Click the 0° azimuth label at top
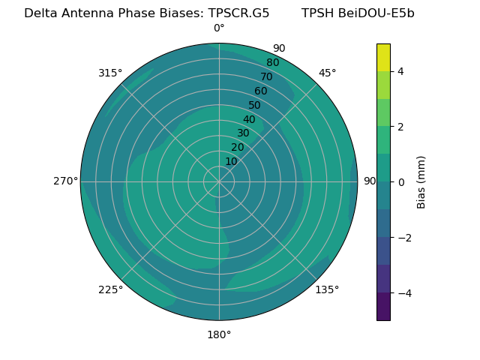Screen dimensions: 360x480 pyautogui.click(x=219, y=28)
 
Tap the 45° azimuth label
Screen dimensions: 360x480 pyautogui.click(x=327, y=73)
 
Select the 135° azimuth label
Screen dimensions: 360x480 pyautogui.click(x=327, y=289)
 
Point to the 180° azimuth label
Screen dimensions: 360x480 pyautogui.click(x=219, y=334)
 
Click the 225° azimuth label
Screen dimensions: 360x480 pyautogui.click(x=110, y=289)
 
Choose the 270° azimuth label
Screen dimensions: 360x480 pyautogui.click(x=65, y=181)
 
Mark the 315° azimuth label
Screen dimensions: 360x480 pyautogui.click(x=110, y=73)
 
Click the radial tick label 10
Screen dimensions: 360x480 pyautogui.click(x=231, y=161)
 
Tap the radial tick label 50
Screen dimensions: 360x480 pyautogui.click(x=254, y=105)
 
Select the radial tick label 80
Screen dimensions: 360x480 pyautogui.click(x=272, y=62)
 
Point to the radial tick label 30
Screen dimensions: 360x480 pyautogui.click(x=243, y=133)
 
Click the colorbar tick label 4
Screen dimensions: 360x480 pyautogui.click(x=401, y=71)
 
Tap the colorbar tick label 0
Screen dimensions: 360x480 pyautogui.click(x=401, y=181)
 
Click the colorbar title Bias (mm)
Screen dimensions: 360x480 pyautogui.click(x=421, y=181)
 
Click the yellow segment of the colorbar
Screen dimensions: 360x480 pyautogui.click(x=383, y=57)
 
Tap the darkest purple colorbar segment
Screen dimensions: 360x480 pyautogui.click(x=383, y=306)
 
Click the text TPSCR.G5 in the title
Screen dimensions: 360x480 pyautogui.click(x=242, y=13)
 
